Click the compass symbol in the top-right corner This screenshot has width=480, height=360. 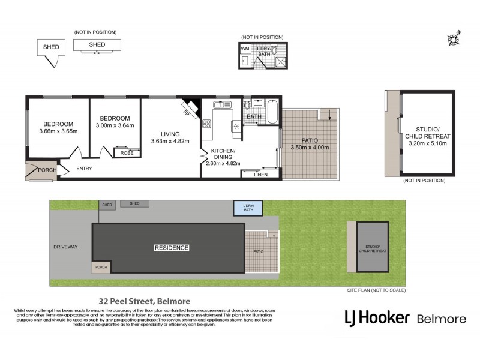coord(453,39)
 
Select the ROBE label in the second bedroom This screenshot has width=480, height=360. coord(128,153)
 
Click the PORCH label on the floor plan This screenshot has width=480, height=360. coord(47,170)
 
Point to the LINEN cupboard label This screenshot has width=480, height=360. coord(260,174)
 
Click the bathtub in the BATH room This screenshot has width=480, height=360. coord(271,112)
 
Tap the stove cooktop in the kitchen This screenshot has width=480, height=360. coord(207,124)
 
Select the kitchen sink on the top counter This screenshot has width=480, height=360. coord(221,106)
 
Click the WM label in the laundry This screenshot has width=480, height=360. coord(245,48)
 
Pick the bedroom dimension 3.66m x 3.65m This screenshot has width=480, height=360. coord(58,131)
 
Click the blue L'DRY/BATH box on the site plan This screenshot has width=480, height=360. coord(248,208)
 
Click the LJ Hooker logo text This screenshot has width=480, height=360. coord(377,318)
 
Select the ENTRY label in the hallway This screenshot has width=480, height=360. coord(85,169)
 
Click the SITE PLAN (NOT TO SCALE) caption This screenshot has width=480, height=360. coord(376,290)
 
